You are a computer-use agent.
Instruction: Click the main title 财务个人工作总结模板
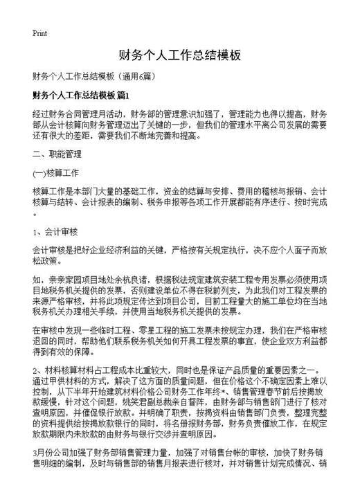pyautogui.click(x=180, y=55)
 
